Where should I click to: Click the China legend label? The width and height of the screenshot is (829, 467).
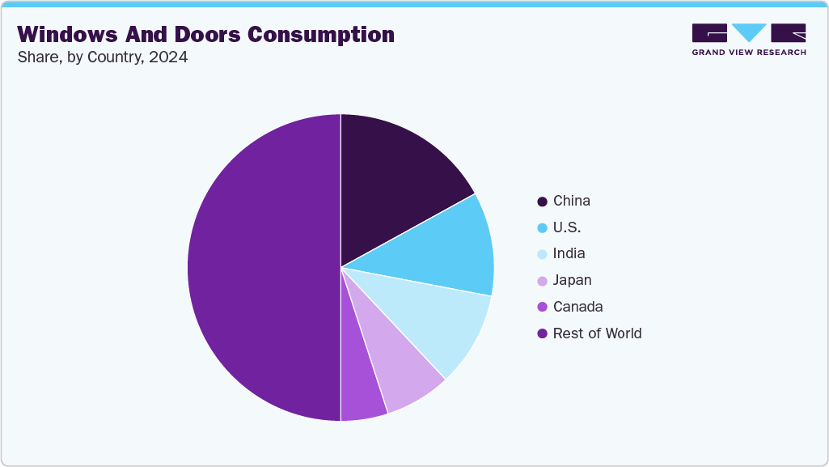(x=572, y=201)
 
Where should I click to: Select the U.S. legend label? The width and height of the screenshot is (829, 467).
(x=567, y=227)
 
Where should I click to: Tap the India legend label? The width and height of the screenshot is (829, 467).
(x=569, y=253)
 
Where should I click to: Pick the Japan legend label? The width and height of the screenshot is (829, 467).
(x=572, y=280)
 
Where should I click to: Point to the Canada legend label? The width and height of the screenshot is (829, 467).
(x=577, y=307)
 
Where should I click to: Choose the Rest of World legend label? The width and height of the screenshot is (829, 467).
(x=597, y=333)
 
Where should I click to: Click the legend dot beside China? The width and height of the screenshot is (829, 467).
(x=542, y=201)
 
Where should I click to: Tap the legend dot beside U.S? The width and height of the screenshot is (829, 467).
(x=542, y=227)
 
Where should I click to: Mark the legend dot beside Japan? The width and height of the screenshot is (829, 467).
(x=542, y=280)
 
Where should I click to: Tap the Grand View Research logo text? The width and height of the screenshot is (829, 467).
(x=748, y=53)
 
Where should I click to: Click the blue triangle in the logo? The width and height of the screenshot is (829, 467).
(x=749, y=32)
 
